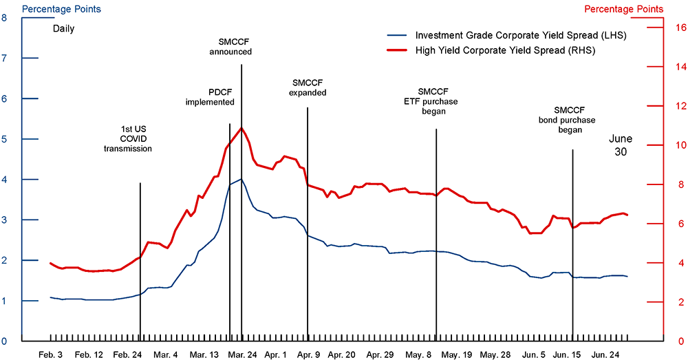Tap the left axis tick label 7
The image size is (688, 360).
pos(5,59)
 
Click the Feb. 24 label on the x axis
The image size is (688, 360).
pos(128,354)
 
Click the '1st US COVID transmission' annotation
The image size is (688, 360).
pos(128,138)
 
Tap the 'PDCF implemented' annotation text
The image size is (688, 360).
pos(211,96)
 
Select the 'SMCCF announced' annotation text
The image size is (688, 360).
pos(231,45)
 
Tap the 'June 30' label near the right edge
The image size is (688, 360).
pos(621,145)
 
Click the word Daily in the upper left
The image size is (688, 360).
pos(63,29)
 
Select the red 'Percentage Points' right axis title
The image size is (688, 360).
pos(623,9)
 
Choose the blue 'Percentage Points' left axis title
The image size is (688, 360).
pos(61,9)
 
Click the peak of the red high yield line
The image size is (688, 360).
pos(241,128)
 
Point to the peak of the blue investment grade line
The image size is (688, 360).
pos(241,179)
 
